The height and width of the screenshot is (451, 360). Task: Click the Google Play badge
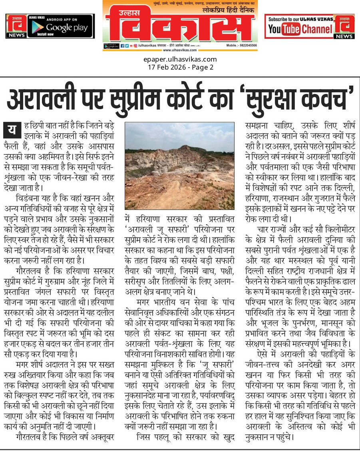click(x=61, y=26)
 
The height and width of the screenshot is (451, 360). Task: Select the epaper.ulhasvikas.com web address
click(x=180, y=60)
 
